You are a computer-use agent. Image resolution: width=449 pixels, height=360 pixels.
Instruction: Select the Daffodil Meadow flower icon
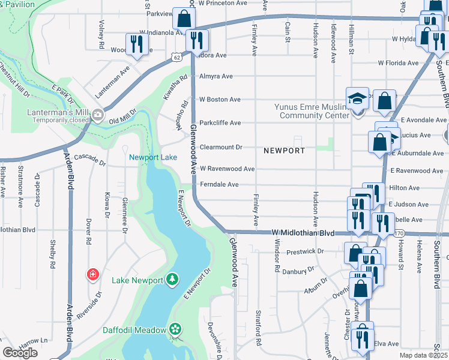pos(175,329)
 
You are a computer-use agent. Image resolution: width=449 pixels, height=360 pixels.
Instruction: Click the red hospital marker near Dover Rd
pos(93,275)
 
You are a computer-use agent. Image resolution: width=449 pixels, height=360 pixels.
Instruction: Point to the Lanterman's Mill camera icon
pos(97,115)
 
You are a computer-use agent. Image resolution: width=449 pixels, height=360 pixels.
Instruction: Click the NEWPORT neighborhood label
pos(283,150)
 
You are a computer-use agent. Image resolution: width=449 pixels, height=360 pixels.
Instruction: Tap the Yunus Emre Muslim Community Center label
pos(312,111)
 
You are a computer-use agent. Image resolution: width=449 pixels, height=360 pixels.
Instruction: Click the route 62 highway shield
pos(175,56)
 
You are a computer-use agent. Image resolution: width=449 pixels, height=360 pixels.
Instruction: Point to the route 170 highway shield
pos(400,233)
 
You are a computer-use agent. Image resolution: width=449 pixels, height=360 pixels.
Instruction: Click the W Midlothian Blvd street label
pos(303,232)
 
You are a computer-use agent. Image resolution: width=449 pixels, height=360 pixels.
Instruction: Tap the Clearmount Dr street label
pos(221,147)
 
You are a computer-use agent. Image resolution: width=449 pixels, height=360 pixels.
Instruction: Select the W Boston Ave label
pos(220,99)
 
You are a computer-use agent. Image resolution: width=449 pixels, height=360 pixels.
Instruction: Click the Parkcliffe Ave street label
pos(220,122)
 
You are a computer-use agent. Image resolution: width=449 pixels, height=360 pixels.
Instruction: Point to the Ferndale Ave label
pos(219,184)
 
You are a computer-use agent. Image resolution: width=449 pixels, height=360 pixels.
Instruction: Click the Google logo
pos(20,353)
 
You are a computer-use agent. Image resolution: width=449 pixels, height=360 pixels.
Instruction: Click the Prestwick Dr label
pos(305,252)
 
